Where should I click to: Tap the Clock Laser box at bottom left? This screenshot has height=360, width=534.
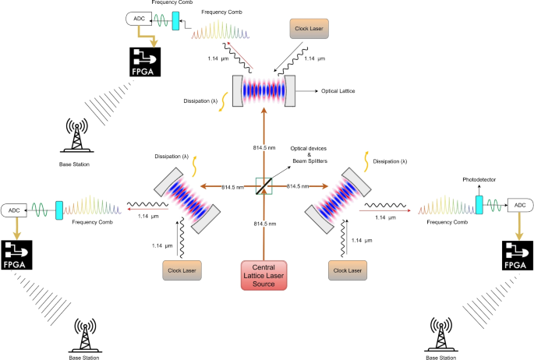tap(182, 270)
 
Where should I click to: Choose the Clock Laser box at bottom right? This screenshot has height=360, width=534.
tap(350, 270)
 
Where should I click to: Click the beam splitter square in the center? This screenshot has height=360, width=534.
tap(267, 186)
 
